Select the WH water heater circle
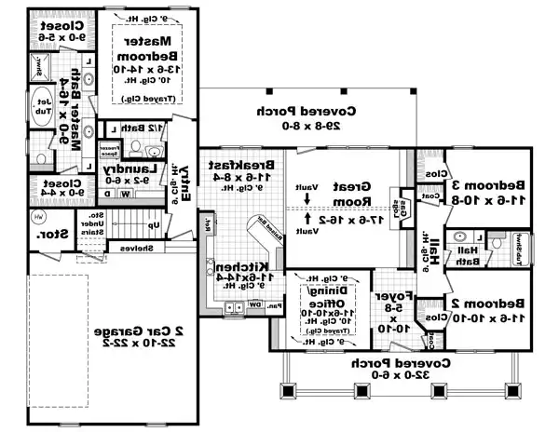tap(38, 217)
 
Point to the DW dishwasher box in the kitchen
tap(255, 304)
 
